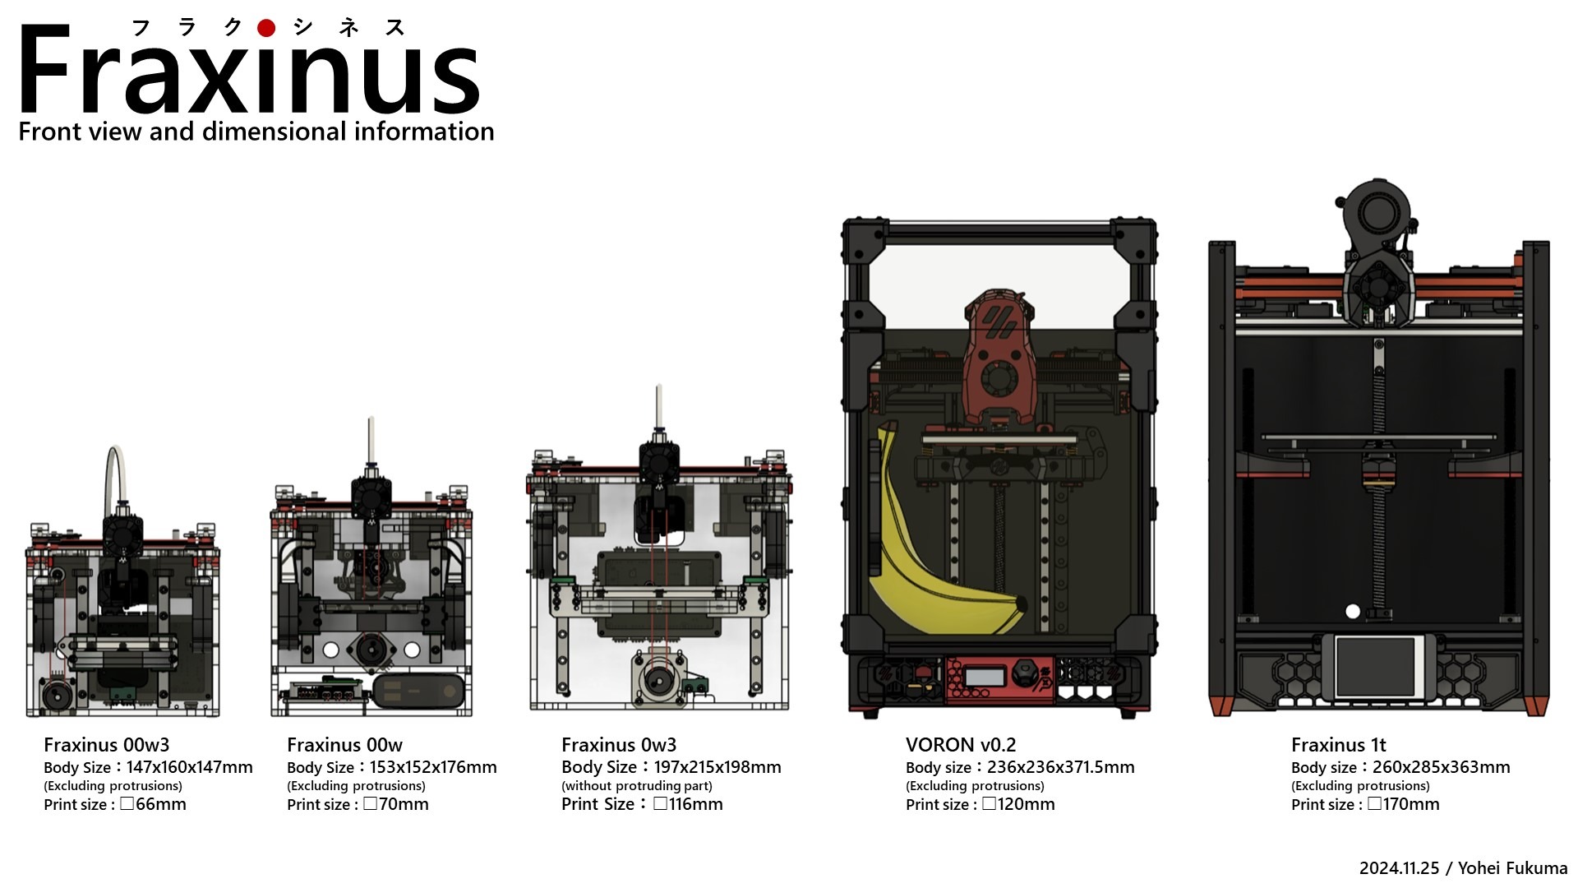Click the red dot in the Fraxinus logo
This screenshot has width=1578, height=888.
tap(265, 28)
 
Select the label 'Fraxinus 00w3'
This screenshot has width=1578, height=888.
tap(106, 745)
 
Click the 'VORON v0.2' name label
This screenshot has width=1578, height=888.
tap(961, 745)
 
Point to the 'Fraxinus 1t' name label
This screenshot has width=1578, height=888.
tap(1338, 745)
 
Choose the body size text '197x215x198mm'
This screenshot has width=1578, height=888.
tap(717, 767)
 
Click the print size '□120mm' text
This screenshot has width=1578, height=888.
tap(1018, 804)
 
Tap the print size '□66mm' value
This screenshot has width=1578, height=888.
tap(153, 804)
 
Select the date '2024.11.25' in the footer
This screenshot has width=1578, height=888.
tap(1399, 868)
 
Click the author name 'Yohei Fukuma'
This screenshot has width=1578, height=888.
tap(1513, 868)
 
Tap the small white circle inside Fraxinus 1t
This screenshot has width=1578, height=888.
tap(1353, 611)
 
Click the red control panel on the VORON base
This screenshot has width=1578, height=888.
tap(999, 679)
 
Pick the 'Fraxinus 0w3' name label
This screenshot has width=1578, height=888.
tap(619, 745)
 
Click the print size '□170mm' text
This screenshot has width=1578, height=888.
tap(1404, 804)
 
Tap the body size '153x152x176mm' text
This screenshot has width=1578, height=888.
tap(433, 767)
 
